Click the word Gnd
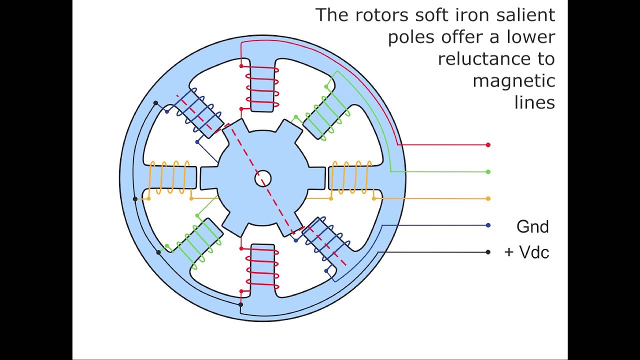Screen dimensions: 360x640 pyautogui.click(x=532, y=227)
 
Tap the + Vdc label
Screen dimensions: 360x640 pyautogui.click(x=526, y=252)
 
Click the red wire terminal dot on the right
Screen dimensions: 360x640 pyautogui.click(x=488, y=145)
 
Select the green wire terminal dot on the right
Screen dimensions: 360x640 pyautogui.click(x=488, y=172)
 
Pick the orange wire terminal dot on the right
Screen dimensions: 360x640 pyautogui.click(x=488, y=198)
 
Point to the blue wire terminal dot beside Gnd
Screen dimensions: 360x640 pyautogui.click(x=488, y=225)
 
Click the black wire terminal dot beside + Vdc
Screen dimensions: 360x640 pyautogui.click(x=488, y=252)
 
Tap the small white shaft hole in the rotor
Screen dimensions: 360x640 pyautogui.click(x=263, y=178)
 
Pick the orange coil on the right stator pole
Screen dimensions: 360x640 pyautogui.click(x=352, y=177)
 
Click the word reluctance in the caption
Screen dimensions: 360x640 pyautogui.click(x=496, y=59)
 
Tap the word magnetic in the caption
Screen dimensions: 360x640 pyautogui.click(x=513, y=81)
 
